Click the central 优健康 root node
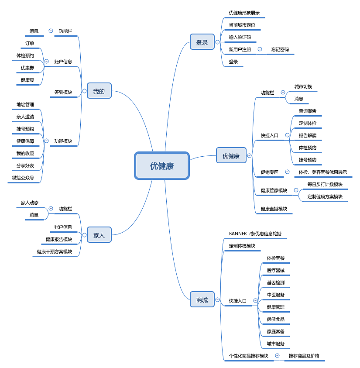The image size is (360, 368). click(162, 166)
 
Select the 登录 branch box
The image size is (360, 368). click(202, 42)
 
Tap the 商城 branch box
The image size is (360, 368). click(202, 300)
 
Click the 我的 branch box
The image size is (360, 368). click(99, 91)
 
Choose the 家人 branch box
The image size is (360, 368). click(99, 235)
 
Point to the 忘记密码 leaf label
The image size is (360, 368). click(280, 50)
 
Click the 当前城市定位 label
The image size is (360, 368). click(242, 25)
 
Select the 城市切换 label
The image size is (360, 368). click(303, 87)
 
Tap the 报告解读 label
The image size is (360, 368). click(308, 135)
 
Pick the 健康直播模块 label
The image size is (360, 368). click(274, 209)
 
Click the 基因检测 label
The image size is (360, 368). click(276, 283)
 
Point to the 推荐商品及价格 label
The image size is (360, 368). click(304, 356)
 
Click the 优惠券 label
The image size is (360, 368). click(27, 68)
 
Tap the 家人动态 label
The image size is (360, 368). click(30, 203)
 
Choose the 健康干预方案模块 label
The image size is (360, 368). click(55, 252)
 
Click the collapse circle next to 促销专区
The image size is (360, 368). click(287, 172)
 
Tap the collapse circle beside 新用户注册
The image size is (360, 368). click(260, 49)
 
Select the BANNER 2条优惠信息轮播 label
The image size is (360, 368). click(255, 234)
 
